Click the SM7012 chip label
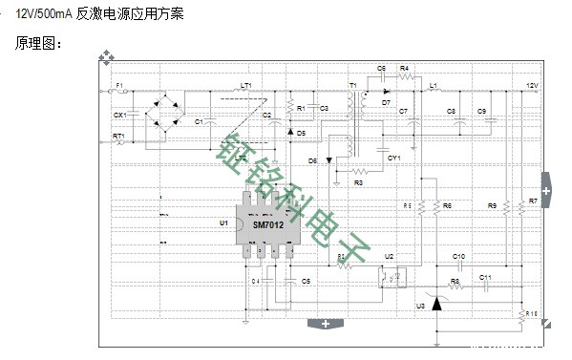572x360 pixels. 268,226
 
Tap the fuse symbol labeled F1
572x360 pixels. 121,93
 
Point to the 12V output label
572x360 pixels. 535,85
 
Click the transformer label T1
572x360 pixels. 352,85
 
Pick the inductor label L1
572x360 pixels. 434,85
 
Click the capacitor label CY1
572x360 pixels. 393,157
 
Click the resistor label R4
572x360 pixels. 405,69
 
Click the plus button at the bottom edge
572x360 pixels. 326,325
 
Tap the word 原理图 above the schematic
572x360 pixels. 36,44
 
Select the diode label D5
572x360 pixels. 301,132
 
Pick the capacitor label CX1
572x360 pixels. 119,115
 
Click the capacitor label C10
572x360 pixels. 458,257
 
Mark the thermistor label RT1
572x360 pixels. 118,137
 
